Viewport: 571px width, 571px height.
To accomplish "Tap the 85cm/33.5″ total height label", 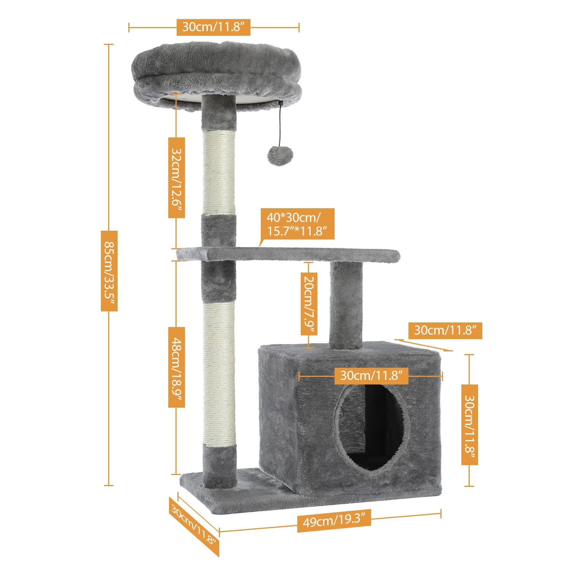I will point(109,271).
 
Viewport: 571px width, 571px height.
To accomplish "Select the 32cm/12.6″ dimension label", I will point(177,177).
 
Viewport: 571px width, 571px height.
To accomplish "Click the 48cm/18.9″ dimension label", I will point(177,367).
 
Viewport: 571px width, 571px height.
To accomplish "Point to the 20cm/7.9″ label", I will point(309,304).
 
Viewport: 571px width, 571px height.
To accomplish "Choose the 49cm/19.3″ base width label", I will point(334,520).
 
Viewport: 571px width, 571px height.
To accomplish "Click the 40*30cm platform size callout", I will point(297,224).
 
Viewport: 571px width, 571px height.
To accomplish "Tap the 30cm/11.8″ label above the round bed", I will point(214,27).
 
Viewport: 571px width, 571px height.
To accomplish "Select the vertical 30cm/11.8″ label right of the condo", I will point(469,424).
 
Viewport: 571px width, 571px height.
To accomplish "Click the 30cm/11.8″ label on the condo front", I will point(371,376).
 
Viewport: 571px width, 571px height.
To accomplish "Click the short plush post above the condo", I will point(346,305).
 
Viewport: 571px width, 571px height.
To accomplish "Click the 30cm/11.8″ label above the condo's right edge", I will point(445,330).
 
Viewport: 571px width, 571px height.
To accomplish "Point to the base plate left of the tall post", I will point(192,480).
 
